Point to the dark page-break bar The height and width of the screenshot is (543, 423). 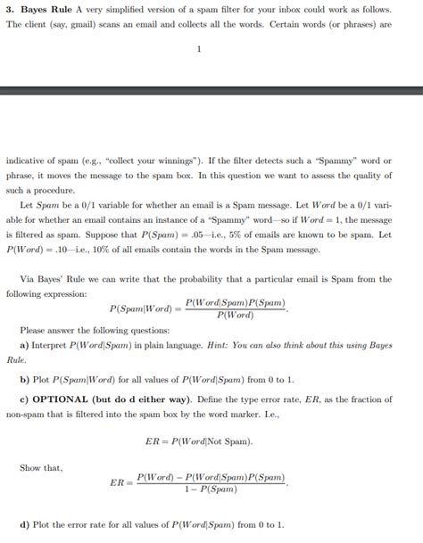click(211, 91)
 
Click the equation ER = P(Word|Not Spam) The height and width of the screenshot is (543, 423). click(198, 440)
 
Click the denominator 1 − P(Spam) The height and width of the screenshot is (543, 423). click(211, 490)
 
